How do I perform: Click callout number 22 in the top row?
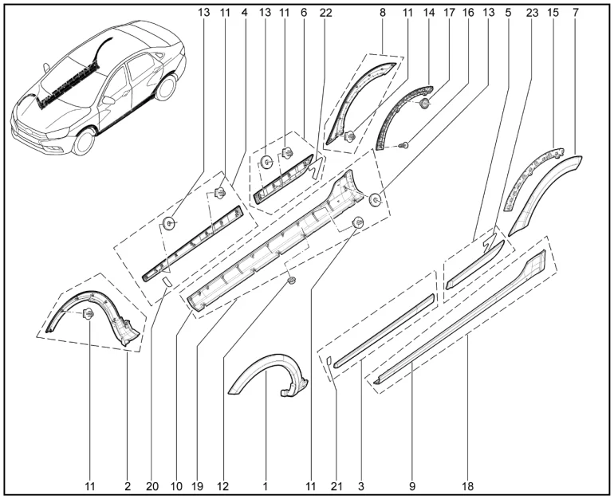click(x=325, y=14)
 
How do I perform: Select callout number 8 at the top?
click(x=384, y=14)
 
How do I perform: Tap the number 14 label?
click(x=431, y=14)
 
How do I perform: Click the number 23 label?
click(x=533, y=14)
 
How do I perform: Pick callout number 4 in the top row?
click(x=245, y=14)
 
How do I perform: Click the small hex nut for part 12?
click(x=291, y=280)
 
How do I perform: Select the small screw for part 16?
click(x=406, y=145)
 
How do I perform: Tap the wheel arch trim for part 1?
click(x=266, y=375)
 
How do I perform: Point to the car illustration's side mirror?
click(x=108, y=100)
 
